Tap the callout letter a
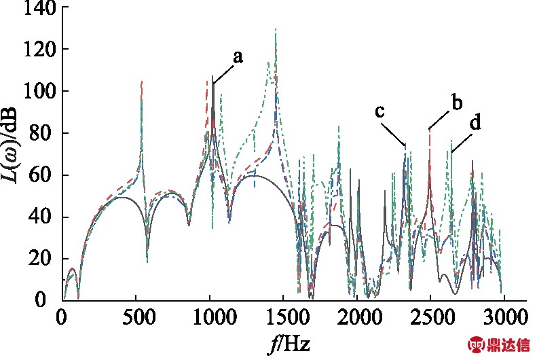(238, 58)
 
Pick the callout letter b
(456, 103)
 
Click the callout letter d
(476, 124)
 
